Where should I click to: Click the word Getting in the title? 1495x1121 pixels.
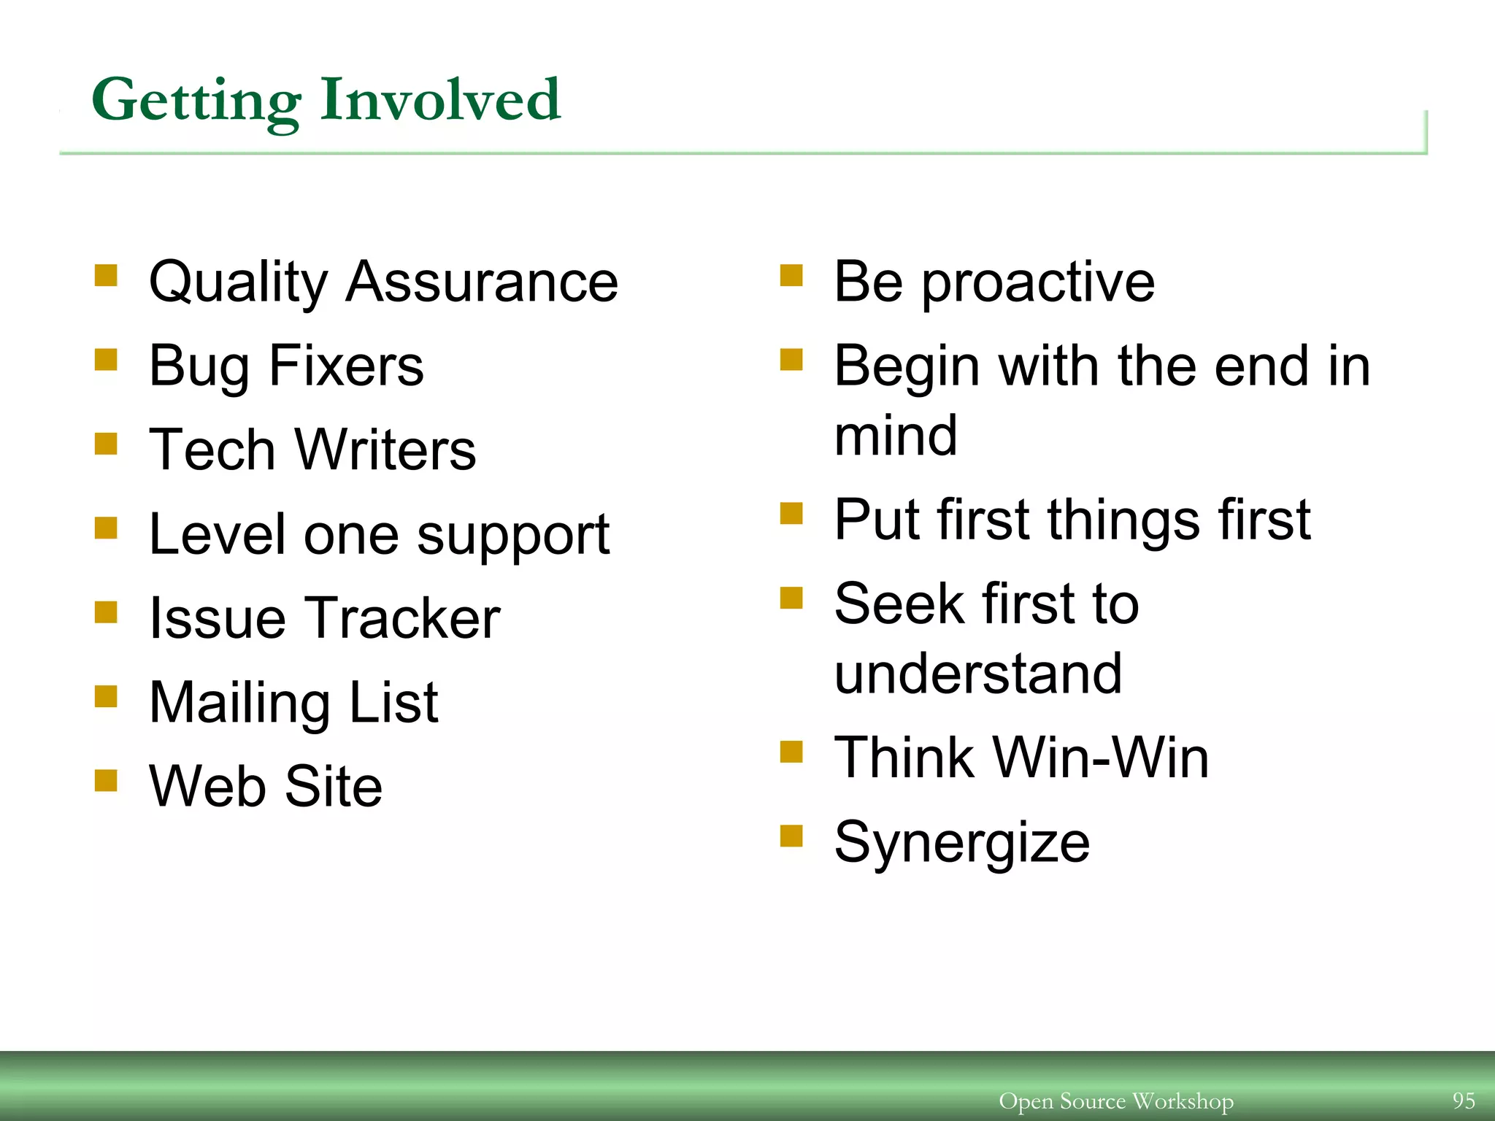(196, 101)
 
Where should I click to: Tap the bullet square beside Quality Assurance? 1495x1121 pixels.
(106, 277)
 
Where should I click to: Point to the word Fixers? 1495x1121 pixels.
(346, 366)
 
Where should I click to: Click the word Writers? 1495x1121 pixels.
(385, 450)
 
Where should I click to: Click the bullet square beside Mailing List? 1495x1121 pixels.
(106, 696)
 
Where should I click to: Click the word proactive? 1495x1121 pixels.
(1038, 283)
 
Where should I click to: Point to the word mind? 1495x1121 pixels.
(896, 435)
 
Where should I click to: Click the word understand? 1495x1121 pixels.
(977, 674)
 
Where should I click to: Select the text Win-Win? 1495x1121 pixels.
(1102, 758)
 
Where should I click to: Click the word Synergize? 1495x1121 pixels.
(962, 843)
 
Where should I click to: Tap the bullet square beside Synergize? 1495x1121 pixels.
(791, 836)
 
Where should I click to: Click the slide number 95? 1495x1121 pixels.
(1463, 1100)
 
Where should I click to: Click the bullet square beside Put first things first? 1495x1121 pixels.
(791, 514)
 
